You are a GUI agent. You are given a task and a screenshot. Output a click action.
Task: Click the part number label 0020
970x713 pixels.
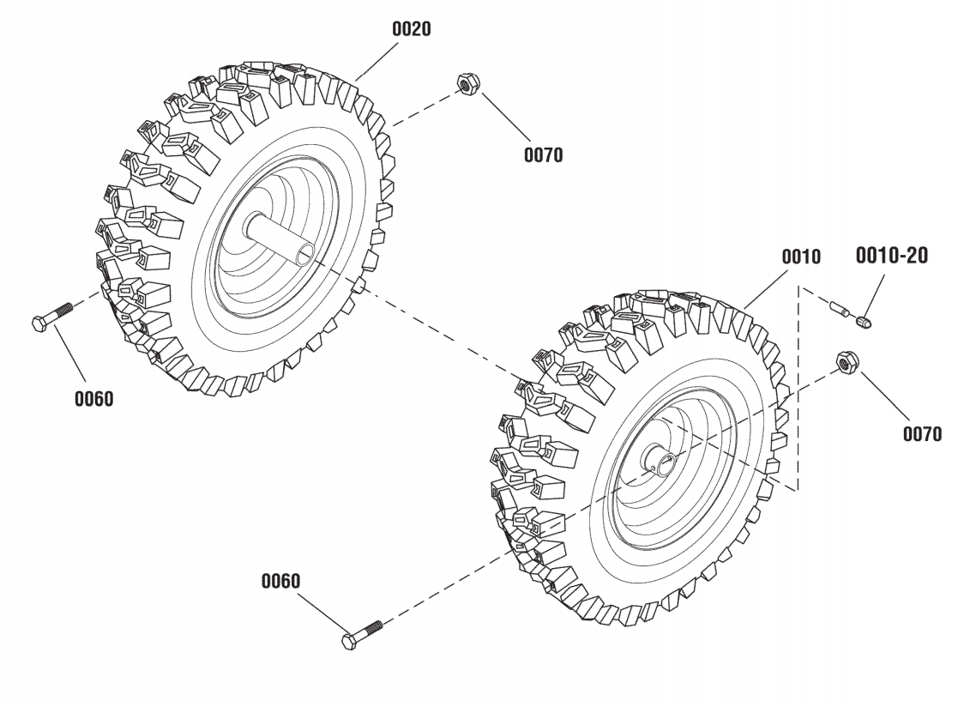(x=412, y=28)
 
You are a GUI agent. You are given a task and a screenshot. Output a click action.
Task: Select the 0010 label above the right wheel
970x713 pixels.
(x=800, y=257)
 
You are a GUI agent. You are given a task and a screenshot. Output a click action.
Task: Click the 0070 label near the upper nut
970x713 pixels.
(x=543, y=155)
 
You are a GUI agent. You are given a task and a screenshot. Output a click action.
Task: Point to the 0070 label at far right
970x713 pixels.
(x=921, y=433)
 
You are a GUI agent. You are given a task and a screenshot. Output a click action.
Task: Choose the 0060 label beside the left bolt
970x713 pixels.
(x=93, y=399)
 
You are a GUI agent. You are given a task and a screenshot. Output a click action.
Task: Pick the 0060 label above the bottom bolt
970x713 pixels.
(x=280, y=581)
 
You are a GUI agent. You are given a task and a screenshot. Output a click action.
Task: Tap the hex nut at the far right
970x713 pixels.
(x=845, y=363)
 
